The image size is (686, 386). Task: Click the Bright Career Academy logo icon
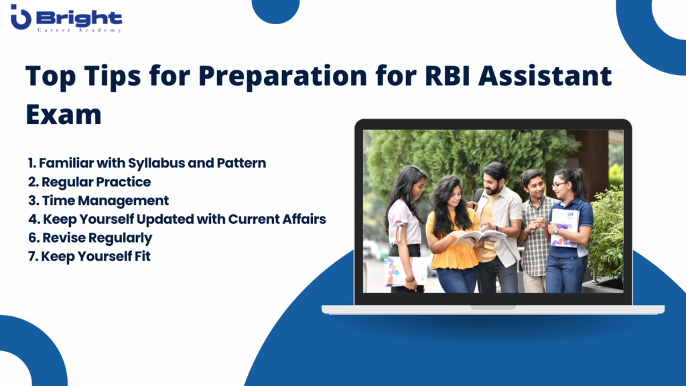point(21,17)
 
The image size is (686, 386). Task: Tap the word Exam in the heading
point(64,114)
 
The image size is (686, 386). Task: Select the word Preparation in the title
point(283,76)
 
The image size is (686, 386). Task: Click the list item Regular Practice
point(90,182)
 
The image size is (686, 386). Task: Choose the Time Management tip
point(98,200)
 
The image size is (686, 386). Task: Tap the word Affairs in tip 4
point(303,219)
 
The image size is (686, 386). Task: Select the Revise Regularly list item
point(90,238)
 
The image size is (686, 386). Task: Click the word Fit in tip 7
point(142,256)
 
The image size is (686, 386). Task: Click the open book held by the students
point(478,238)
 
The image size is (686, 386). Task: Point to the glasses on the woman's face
point(558,185)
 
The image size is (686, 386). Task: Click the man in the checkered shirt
point(535,231)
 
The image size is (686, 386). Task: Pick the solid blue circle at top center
point(275,9)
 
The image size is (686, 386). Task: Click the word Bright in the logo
point(79,18)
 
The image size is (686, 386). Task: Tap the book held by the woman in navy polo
point(564,228)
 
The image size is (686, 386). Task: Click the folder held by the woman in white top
point(405,271)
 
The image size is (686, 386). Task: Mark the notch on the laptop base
point(493,307)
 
